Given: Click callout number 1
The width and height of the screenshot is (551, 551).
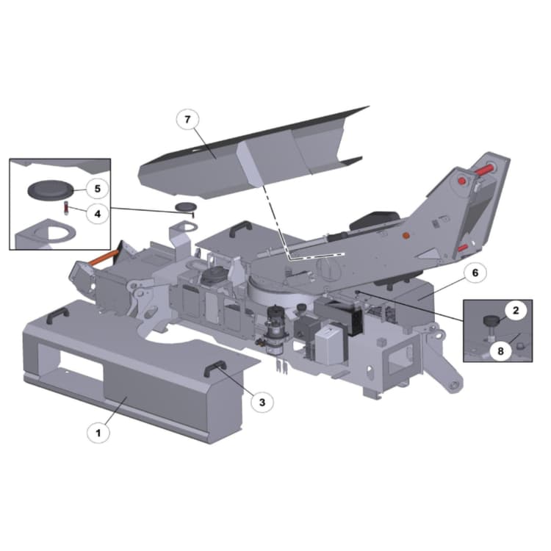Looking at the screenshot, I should [x=98, y=433].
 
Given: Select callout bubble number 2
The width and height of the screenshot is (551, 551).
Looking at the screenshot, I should [x=516, y=311].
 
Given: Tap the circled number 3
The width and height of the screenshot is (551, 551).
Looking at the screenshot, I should [x=262, y=401].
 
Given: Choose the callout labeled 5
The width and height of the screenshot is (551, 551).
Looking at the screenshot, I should [x=97, y=189].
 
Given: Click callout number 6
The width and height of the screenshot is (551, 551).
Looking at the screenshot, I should [x=475, y=273].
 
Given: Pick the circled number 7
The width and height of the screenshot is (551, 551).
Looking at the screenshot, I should [x=187, y=120].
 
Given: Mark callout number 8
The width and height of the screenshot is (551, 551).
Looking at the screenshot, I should [x=500, y=351].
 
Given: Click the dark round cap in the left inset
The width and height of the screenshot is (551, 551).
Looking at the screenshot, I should [x=49, y=190].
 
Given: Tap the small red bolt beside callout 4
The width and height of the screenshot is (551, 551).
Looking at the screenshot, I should [x=65, y=207].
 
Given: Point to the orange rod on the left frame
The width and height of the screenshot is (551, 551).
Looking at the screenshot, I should [x=103, y=259].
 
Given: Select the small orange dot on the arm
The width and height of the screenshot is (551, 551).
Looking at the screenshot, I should [x=404, y=236].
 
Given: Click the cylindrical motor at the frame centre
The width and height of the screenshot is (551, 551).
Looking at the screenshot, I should [x=275, y=327].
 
